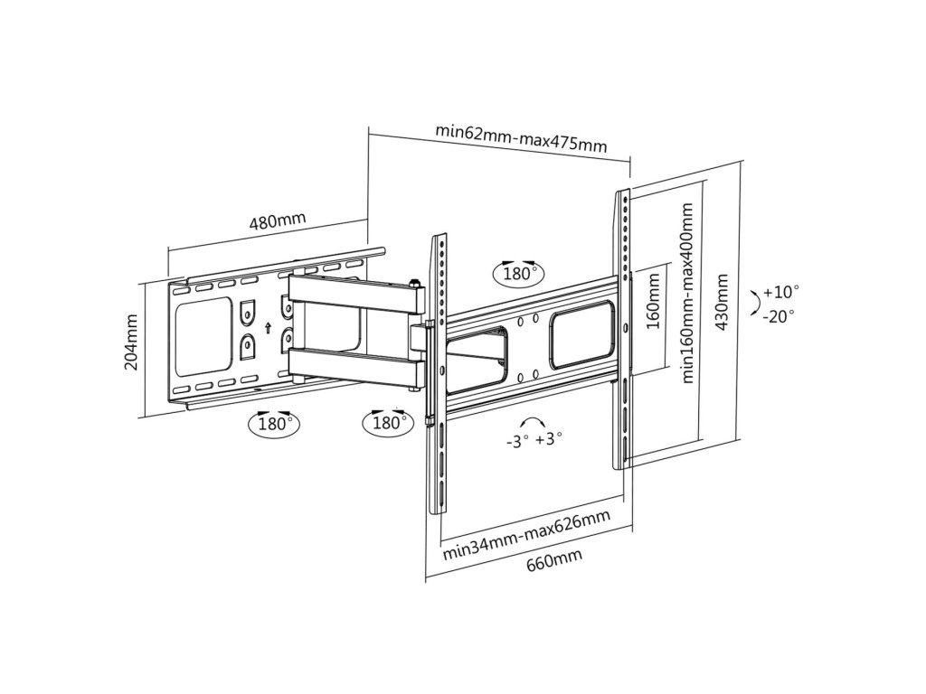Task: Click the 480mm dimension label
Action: pos(277,220)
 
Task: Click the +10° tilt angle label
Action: pos(780,292)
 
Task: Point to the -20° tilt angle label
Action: pos(779,315)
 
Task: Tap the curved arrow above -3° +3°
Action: pos(532,423)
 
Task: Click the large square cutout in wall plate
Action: pos(205,338)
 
